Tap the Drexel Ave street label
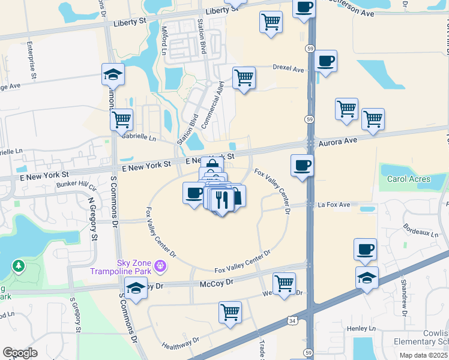click(289, 68)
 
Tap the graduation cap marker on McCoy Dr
click(136, 289)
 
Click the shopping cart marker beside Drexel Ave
click(244, 77)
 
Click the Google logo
click(20, 352)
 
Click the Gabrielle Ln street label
click(139, 137)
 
